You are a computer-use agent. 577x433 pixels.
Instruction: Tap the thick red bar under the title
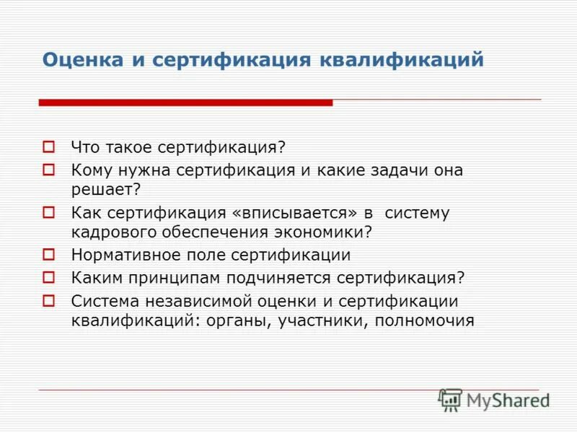[x=185, y=103]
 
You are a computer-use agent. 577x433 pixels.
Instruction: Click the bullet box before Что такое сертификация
[x=49, y=146]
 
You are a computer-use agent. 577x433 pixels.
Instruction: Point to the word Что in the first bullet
[x=84, y=147]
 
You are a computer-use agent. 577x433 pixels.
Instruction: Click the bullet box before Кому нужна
[x=49, y=170]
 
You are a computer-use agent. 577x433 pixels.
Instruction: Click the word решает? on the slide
[x=105, y=189]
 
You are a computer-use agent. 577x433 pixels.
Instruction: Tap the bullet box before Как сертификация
[x=49, y=213]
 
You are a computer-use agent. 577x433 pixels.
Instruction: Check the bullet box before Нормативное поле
[x=49, y=254]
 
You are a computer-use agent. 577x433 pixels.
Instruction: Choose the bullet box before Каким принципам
[x=49, y=276]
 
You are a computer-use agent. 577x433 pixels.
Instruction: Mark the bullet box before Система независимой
[x=49, y=300]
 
